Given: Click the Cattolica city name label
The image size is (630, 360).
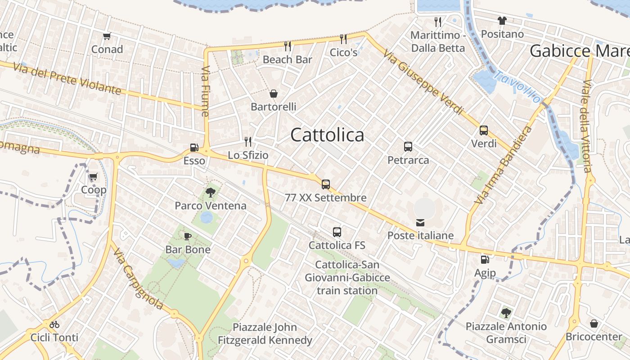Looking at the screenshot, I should point(327,135).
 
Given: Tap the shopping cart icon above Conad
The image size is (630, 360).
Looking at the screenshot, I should point(107,36).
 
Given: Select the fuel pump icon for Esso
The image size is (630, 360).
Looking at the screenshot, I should point(194,148).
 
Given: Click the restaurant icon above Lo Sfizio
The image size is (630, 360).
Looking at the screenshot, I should point(247,142).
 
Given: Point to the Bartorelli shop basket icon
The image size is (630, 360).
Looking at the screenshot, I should point(273,94).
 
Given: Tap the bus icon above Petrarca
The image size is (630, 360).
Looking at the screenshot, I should point(408,147).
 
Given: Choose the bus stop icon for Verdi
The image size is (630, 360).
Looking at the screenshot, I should point(484,130).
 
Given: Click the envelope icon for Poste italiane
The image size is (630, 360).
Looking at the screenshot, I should point(420,222).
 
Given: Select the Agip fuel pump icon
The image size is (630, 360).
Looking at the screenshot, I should point(485,259).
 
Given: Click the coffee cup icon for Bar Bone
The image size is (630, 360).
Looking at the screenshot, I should point(188,236).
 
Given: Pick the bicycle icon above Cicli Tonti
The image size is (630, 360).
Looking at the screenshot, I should point(54,324).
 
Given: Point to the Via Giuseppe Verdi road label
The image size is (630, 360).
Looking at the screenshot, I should point(423,82).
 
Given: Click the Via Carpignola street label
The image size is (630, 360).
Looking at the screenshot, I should point(138,280).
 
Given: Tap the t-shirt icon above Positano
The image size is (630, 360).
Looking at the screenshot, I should point(502,21).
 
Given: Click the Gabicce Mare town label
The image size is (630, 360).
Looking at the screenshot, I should point(579,51).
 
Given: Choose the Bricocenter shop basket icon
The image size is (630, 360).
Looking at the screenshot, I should point(594,324).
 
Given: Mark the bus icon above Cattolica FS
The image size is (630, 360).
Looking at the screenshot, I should point(337,232).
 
